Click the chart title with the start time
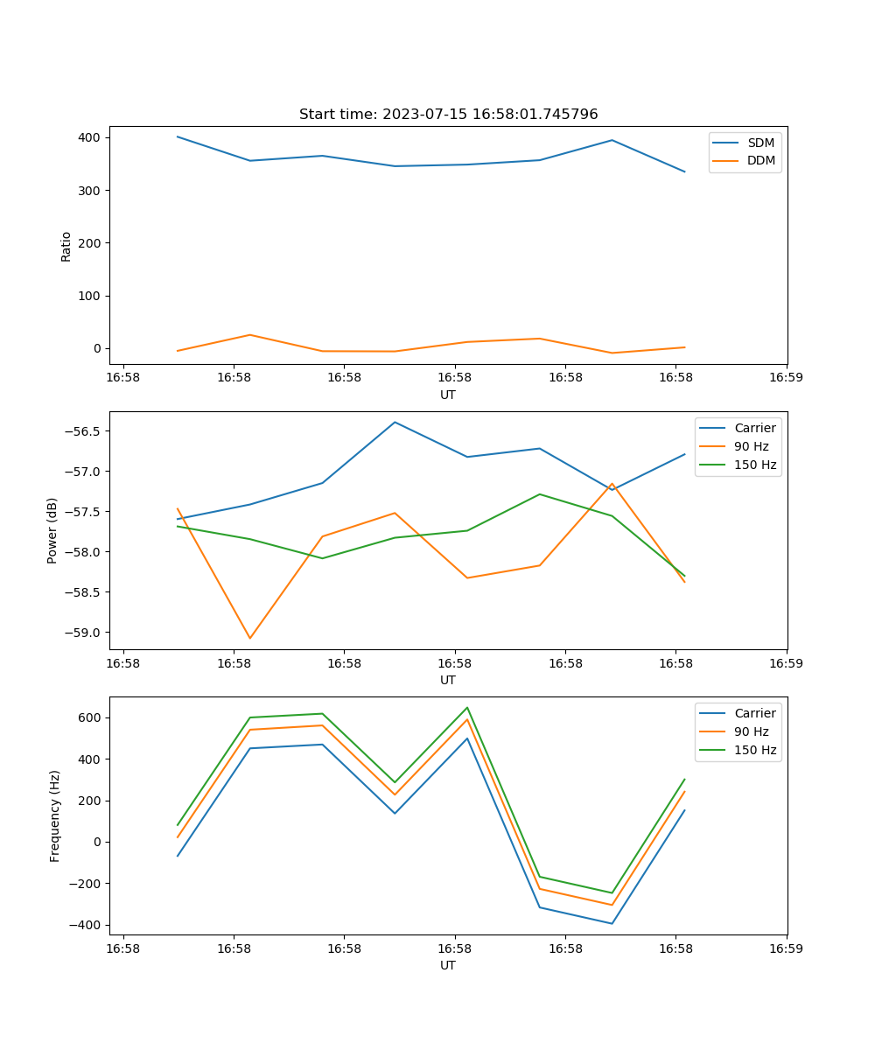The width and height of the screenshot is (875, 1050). pos(448,115)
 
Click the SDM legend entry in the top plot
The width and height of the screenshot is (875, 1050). pos(760,143)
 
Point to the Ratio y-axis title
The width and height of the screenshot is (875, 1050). pos(66,247)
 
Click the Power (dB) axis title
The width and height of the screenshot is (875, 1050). pos(52,530)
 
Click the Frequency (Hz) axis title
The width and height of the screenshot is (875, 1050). pos(55,815)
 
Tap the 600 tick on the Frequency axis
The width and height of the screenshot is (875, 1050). pos(90,717)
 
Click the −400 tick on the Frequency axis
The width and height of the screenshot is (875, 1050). pos(87,925)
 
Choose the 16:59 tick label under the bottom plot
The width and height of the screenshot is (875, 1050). pos(786,948)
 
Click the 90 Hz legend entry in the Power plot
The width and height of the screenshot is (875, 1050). pos(752,446)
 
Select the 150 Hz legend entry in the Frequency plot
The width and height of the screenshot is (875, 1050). pos(755,750)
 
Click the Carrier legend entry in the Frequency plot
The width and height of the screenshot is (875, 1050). pos(754,713)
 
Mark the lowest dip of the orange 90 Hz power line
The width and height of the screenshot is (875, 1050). pos(249,638)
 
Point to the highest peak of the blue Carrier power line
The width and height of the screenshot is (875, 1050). pos(395,422)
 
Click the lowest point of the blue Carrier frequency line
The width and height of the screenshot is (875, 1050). pos(612,923)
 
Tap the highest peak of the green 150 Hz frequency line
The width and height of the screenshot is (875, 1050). pos(467,707)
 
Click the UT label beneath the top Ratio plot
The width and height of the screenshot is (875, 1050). pos(448,395)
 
